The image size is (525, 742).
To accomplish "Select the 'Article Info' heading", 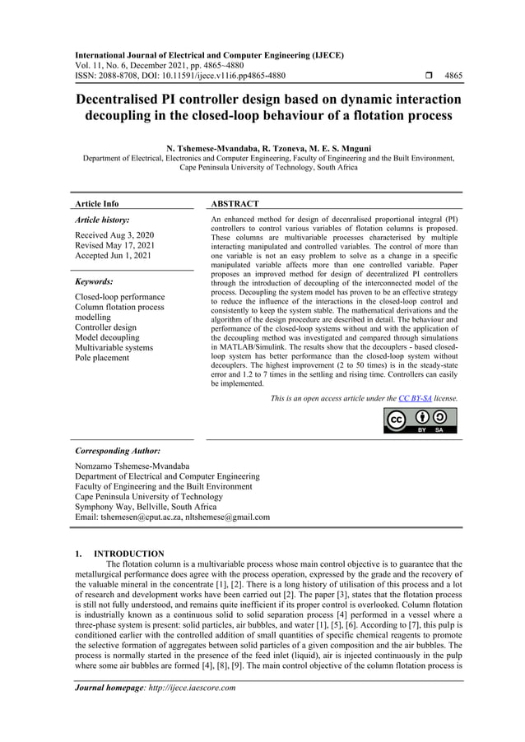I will [x=96, y=203].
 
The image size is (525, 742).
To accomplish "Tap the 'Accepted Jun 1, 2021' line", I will [x=113, y=256].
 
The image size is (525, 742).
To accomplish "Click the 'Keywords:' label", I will [x=94, y=281].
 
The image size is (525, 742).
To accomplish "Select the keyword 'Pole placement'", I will [x=102, y=358].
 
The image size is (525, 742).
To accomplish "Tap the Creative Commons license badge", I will [x=420, y=420].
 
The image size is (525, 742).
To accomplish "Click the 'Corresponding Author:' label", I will [x=117, y=451].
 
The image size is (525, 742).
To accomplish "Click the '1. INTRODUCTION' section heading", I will [x=119, y=554].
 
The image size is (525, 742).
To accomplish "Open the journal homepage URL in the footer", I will [x=185, y=688].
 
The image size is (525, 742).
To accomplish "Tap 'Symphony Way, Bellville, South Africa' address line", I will [x=146, y=507].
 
